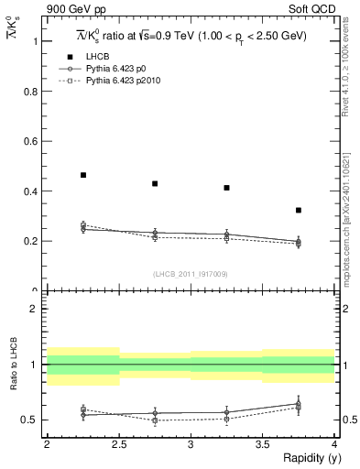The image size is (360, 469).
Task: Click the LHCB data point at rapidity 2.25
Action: tap(83, 174)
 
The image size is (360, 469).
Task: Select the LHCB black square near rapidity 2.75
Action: tap(155, 183)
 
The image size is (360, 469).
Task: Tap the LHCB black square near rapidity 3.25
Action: tap(226, 188)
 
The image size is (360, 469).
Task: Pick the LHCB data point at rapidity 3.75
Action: tap(298, 210)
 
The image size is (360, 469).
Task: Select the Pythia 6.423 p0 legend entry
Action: tap(115, 68)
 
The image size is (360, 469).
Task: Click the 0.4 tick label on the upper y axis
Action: tap(34, 191)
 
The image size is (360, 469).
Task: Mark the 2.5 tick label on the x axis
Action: tap(118, 444)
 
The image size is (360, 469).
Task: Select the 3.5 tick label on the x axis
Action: tap(261, 444)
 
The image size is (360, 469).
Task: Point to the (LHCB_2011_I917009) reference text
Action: tap(190, 273)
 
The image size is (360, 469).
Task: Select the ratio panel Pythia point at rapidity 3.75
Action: tap(298, 405)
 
